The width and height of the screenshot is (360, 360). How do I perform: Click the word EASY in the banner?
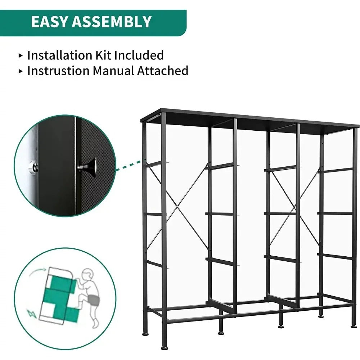(49, 22)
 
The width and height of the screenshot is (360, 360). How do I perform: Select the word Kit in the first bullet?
(104, 55)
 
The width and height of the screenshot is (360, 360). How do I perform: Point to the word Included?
(139, 55)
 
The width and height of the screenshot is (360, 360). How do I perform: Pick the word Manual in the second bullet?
(113, 71)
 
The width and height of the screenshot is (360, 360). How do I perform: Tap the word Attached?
(163, 71)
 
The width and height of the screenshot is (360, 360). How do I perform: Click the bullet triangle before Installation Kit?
(21, 55)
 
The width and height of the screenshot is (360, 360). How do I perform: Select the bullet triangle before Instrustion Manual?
(21, 71)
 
